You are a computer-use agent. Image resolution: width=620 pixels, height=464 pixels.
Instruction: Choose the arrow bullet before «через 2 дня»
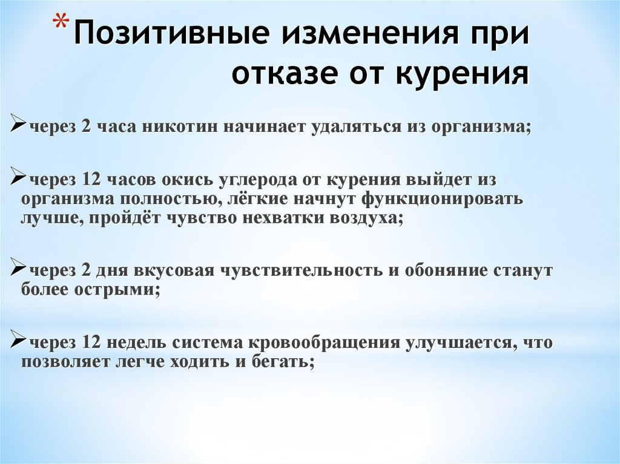[17, 268]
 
